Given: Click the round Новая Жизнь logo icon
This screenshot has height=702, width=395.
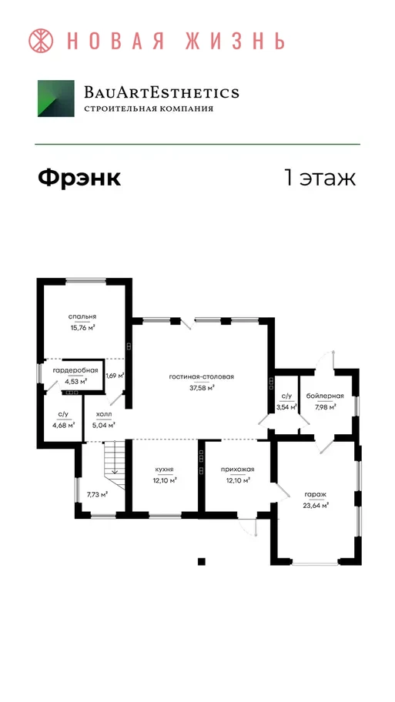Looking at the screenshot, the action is click(x=41, y=41).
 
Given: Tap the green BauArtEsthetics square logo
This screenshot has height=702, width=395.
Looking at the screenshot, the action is click(x=56, y=99).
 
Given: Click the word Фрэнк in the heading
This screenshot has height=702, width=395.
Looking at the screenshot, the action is click(x=79, y=178).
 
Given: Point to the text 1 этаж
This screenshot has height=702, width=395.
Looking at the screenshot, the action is click(x=320, y=178).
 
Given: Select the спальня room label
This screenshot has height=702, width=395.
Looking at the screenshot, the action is click(x=82, y=316).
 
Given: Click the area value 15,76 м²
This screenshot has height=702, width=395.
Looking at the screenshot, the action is click(x=82, y=327).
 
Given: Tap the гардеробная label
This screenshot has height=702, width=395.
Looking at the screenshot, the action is click(x=75, y=371).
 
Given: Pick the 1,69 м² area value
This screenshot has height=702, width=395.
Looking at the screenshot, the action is click(x=115, y=376).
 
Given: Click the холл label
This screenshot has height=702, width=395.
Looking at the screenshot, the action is click(x=104, y=415).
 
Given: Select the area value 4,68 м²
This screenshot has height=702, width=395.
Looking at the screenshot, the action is click(x=63, y=426).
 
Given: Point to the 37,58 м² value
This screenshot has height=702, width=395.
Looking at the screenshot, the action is click(x=202, y=388).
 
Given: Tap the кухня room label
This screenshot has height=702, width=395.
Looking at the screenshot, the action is click(x=164, y=470).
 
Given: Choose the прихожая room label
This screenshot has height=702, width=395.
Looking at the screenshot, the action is click(x=237, y=470).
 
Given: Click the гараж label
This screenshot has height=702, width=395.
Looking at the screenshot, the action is click(x=316, y=494).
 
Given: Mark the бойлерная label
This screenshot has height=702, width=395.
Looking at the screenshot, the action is click(x=325, y=396).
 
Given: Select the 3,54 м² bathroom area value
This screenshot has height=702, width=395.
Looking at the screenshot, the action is click(x=286, y=407).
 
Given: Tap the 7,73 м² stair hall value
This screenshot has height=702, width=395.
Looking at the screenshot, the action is click(x=97, y=494).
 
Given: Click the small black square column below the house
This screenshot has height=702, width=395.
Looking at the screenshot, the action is click(x=202, y=561).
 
